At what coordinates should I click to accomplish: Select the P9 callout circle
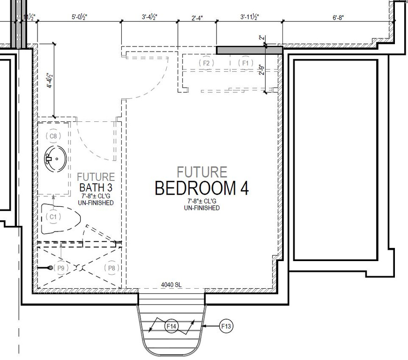click(60, 268)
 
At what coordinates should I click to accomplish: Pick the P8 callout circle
click(111, 268)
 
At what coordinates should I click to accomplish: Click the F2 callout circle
click(206, 63)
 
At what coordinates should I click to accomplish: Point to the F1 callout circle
click(245, 63)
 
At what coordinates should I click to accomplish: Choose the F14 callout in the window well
click(172, 325)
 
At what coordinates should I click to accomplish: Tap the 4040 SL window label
click(171, 285)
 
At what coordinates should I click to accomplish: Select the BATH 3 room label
click(96, 188)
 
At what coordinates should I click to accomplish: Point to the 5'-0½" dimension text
click(79, 17)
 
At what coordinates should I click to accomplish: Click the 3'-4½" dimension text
click(149, 17)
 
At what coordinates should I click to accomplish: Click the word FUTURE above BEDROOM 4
click(202, 172)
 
